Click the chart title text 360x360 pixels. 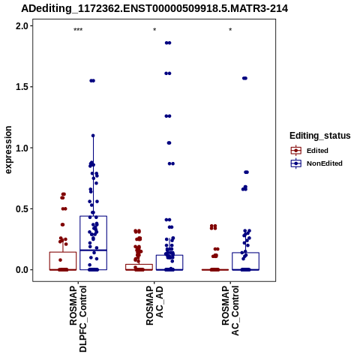coord(154,9)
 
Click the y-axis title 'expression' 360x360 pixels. coord(8,150)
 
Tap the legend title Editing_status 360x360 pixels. coord(320,136)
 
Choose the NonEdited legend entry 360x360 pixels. coord(316,163)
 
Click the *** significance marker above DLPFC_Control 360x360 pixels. coord(78,30)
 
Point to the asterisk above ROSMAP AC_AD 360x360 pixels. coord(154,30)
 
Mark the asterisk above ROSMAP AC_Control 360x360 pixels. coord(230,30)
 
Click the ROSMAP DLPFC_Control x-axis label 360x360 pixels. coord(78,319)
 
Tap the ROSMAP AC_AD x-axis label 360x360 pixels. coord(154,305)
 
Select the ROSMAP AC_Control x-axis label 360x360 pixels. coord(230,310)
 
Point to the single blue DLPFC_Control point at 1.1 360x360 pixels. coord(93,136)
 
